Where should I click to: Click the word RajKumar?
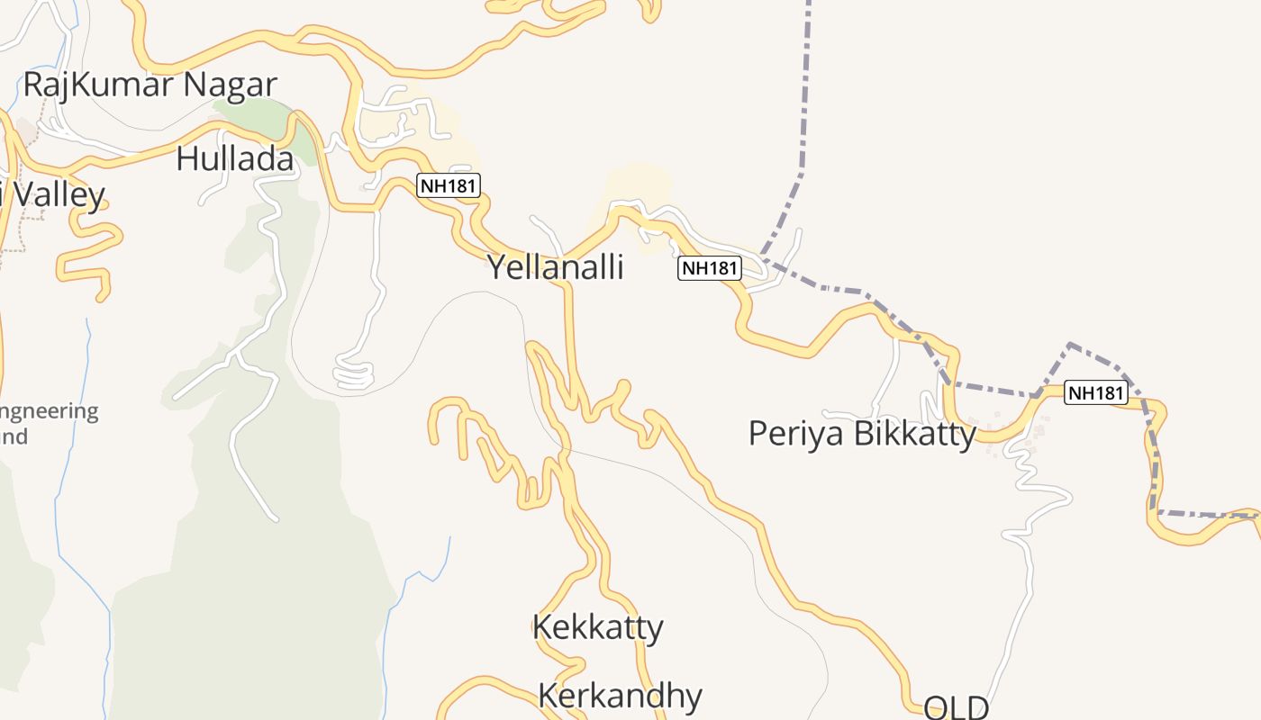[x=100, y=85]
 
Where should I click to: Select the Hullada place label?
[x=235, y=158]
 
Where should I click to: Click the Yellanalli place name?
[x=555, y=266]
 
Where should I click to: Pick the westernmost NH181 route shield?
[x=449, y=186]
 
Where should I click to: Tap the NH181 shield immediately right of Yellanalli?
[x=709, y=267]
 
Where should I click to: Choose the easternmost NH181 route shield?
[x=1095, y=392]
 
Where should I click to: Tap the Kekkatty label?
[x=597, y=626]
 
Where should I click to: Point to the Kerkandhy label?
[x=620, y=696]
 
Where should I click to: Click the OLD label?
[x=956, y=707]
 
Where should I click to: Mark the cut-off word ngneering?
[x=50, y=412]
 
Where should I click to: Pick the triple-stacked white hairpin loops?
[x=353, y=374]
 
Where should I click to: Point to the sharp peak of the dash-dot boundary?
[x=1069, y=344]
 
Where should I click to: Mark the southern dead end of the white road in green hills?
[x=275, y=518]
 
